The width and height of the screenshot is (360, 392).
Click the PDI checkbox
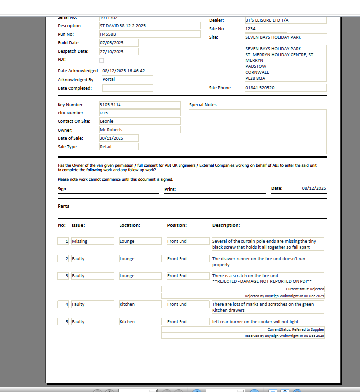pyautogui.click(x=102, y=60)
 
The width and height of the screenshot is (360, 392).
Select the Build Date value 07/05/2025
pyautogui.click(x=119, y=43)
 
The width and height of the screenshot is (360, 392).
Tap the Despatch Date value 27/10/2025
pyautogui.click(x=119, y=52)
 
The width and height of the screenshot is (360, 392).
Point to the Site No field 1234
pyautogui.click(x=265, y=29)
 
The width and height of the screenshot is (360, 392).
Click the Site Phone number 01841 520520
pyautogui.click(x=286, y=88)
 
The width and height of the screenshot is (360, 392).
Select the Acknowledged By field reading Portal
pyautogui.click(x=127, y=79)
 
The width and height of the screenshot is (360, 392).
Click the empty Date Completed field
pyautogui.click(x=127, y=88)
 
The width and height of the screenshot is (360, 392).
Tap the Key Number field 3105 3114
pyautogui.click(x=139, y=105)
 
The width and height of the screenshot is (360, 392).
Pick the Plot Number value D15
pyautogui.click(x=139, y=113)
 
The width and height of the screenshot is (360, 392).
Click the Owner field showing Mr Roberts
pyautogui.click(x=139, y=130)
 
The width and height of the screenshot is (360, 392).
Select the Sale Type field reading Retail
pyautogui.click(x=119, y=147)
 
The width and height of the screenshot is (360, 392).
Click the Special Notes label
pyautogui.click(x=203, y=105)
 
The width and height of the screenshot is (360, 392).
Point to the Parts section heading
pyautogui.click(x=63, y=206)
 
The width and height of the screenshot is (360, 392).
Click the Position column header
pyautogui.click(x=177, y=225)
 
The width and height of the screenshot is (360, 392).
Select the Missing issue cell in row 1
pyautogui.click(x=92, y=241)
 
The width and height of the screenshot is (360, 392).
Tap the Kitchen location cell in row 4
pyautogui.click(x=140, y=304)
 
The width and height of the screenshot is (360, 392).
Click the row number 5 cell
pyautogui.click(x=63, y=322)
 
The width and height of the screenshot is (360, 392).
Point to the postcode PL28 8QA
pyautogui.click(x=255, y=78)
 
